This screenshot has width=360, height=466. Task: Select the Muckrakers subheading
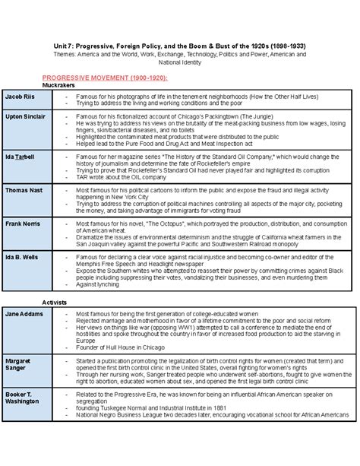pyautogui.click(x=58, y=86)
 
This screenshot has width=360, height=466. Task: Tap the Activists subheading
pyautogui.click(x=55, y=302)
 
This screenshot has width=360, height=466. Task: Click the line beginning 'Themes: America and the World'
pyautogui.click(x=179, y=55)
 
